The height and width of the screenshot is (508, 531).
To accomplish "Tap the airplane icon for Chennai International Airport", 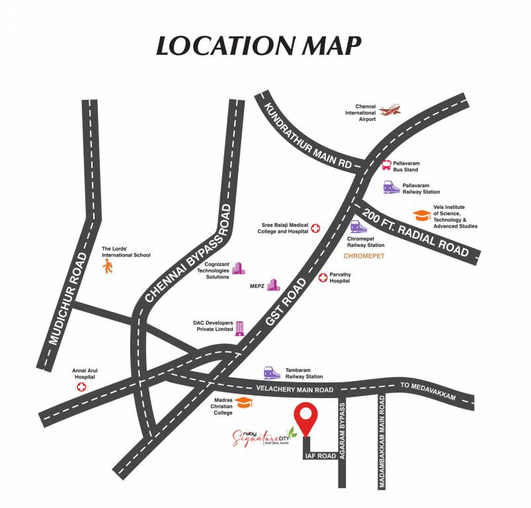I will coord(391,109).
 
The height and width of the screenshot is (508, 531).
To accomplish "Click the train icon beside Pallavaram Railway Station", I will coord(391,187).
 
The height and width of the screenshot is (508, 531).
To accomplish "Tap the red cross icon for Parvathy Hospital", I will coord(323,277).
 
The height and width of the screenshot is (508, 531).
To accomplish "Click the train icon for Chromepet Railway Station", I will coord(358,228).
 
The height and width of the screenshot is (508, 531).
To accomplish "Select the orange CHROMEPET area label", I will coord(365,255).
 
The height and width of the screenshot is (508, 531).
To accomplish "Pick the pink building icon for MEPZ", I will coord(273,284).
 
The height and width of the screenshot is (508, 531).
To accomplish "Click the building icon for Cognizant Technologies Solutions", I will coord(237,269).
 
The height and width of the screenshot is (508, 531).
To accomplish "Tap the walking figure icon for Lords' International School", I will coord(108,266).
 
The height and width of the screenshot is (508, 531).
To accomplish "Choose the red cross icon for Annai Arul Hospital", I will coord(82,386).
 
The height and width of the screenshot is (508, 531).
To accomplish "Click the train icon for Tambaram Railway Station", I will coord(271,372).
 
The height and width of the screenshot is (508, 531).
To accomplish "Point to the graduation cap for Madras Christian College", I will coord(244,403).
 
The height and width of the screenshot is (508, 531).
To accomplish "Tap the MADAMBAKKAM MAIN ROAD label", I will coord(382,443).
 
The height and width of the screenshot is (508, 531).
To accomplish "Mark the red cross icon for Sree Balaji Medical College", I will coord(315,228).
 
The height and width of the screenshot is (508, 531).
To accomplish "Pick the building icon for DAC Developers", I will coord(239,329).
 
